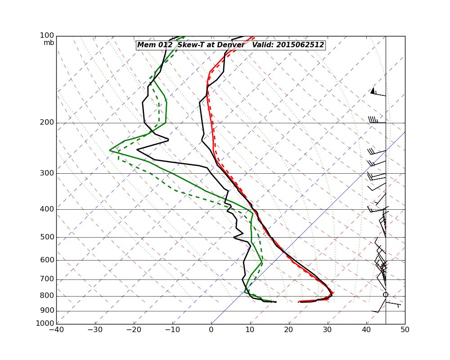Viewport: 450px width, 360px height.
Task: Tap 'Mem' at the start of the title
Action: (145, 45)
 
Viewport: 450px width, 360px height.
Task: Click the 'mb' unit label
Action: (49, 43)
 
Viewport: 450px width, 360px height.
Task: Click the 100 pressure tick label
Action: (47, 36)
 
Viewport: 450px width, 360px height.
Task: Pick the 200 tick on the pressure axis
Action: (47, 122)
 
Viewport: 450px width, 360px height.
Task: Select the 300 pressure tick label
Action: (47, 173)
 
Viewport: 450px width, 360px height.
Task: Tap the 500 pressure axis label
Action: (47, 237)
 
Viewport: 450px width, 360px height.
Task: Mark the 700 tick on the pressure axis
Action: (47, 279)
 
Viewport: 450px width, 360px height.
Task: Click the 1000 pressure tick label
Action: (45, 324)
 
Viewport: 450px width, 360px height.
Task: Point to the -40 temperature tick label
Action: (56, 329)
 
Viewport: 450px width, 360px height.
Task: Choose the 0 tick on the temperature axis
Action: (211, 329)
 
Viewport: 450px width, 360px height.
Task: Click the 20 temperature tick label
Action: (289, 329)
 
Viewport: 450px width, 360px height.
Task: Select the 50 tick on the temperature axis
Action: (405, 329)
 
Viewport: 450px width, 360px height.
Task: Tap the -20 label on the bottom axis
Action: (134, 329)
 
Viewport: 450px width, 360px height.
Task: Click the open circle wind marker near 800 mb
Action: (386, 295)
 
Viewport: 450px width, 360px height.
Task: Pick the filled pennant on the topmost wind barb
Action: (373, 91)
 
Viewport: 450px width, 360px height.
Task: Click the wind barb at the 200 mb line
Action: (376, 121)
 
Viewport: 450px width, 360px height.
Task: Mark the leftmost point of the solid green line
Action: (109, 150)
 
